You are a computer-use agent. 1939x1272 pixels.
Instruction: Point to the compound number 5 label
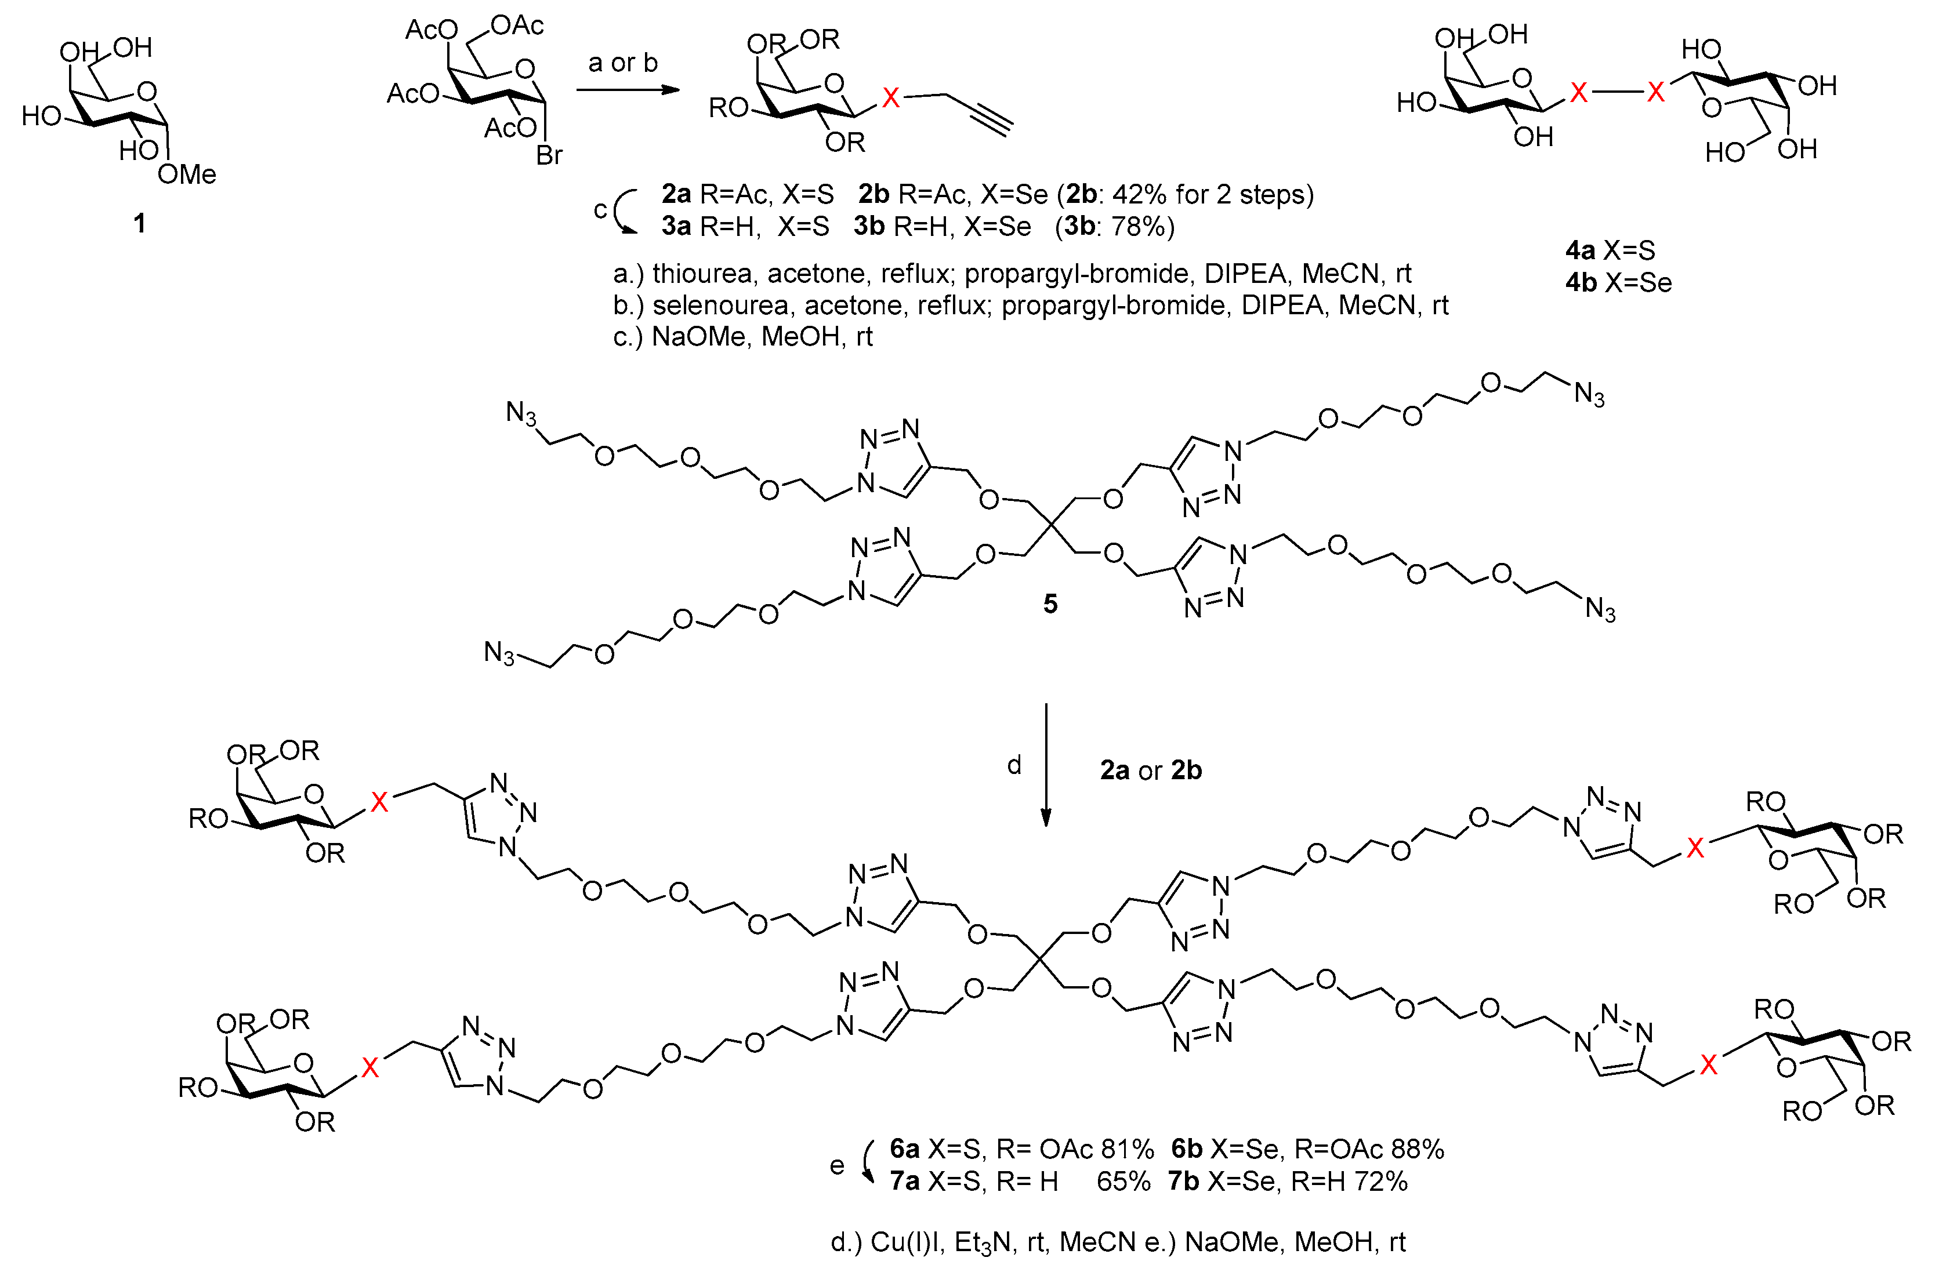(x=1050, y=604)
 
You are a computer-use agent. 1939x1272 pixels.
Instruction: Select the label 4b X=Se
(x=1618, y=282)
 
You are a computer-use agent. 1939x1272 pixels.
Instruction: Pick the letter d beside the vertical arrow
(x=1014, y=765)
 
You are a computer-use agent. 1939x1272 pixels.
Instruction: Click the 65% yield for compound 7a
(x=1123, y=1181)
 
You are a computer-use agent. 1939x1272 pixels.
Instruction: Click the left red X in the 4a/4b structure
(x=1579, y=93)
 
